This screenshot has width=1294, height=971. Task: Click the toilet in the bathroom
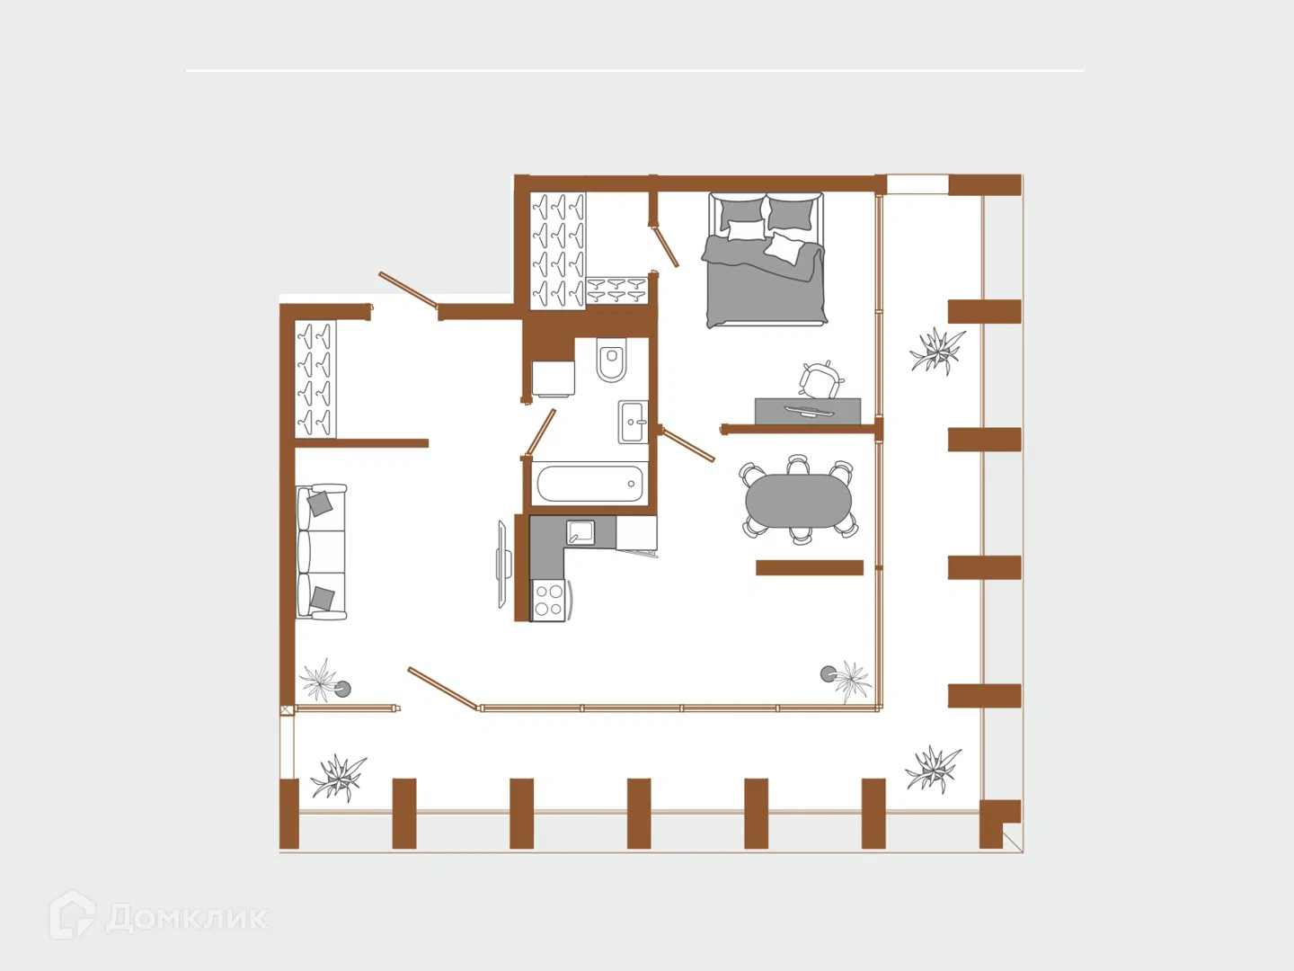pyautogui.click(x=611, y=361)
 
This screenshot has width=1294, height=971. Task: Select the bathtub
pyautogui.click(x=589, y=484)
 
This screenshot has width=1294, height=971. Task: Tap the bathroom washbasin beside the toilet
pyautogui.click(x=633, y=422)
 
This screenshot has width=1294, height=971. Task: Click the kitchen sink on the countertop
pyautogui.click(x=581, y=532)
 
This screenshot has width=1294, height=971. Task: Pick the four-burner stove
pyautogui.click(x=549, y=601)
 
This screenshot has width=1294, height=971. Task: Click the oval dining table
pyautogui.click(x=798, y=501)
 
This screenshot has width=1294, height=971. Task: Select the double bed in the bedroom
pyautogui.click(x=765, y=260)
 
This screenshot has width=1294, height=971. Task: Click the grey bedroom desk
pyautogui.click(x=808, y=411)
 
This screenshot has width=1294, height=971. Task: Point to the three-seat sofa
pyautogui.click(x=321, y=552)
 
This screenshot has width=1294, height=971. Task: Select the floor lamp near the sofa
pyautogui.click(x=342, y=690)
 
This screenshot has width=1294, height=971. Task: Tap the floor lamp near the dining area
pyautogui.click(x=829, y=674)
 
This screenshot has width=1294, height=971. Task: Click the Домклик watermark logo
pyautogui.click(x=158, y=914)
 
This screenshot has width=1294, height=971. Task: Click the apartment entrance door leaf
pyautogui.click(x=408, y=290)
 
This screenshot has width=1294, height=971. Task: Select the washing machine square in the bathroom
pyautogui.click(x=553, y=379)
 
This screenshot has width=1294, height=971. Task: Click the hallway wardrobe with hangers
pyautogui.click(x=315, y=379)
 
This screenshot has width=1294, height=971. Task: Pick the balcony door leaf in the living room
pyautogui.click(x=443, y=689)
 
